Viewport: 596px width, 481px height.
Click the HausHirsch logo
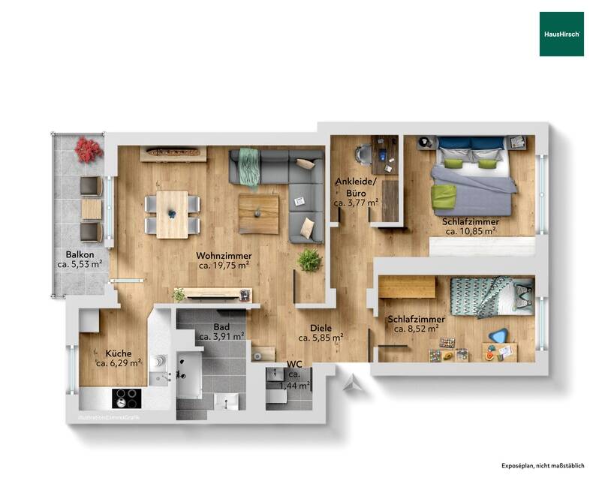click(561, 34)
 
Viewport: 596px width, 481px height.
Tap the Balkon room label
click(79, 254)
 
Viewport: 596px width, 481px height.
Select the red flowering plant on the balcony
click(88, 149)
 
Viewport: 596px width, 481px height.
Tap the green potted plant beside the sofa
click(309, 260)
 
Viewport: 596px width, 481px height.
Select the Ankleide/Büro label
click(356, 187)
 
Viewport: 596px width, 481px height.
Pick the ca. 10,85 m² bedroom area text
click(471, 232)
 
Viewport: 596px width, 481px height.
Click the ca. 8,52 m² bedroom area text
click(416, 329)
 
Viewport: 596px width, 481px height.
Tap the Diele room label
click(321, 327)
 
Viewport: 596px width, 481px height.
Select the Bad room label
click(221, 328)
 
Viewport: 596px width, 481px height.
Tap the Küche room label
click(119, 353)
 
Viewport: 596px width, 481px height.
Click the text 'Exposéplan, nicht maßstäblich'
click(543, 466)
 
